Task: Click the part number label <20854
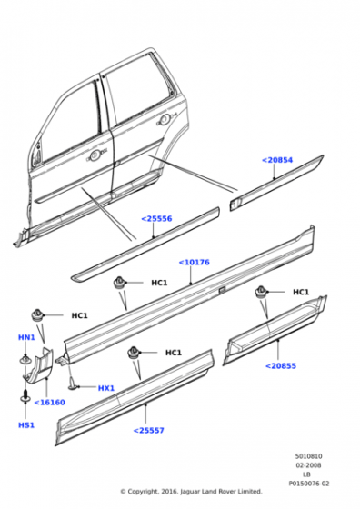[x=277, y=160]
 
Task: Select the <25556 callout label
[x=156, y=219]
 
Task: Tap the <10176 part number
[x=195, y=263]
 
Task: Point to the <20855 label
[x=281, y=366]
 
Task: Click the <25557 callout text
[x=149, y=431]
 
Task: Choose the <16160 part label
[x=50, y=403]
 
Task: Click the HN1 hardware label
[x=26, y=337]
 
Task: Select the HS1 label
[x=26, y=425]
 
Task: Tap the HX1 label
[x=106, y=388]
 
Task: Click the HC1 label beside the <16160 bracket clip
[x=79, y=316]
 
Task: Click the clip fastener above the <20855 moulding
[x=261, y=292]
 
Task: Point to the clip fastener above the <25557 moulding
[x=134, y=353]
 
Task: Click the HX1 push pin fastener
[x=73, y=383]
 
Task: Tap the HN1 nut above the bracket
[x=25, y=360]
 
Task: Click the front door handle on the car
[x=95, y=155]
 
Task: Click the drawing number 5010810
[x=309, y=456]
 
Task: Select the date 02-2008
[x=309, y=465]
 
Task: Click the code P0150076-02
[x=309, y=484]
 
